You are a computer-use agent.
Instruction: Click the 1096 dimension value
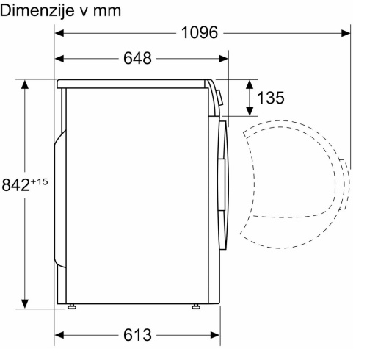(200, 32)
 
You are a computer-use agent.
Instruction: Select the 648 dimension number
(137, 59)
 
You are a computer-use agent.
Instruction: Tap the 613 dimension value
(137, 335)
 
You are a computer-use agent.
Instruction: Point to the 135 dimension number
(271, 98)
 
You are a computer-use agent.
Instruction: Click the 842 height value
(15, 185)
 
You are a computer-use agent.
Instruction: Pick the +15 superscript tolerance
(39, 181)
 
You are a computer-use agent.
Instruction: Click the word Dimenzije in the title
(34, 11)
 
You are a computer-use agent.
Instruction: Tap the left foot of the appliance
(71, 306)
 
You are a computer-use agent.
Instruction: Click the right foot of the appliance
(196, 306)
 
